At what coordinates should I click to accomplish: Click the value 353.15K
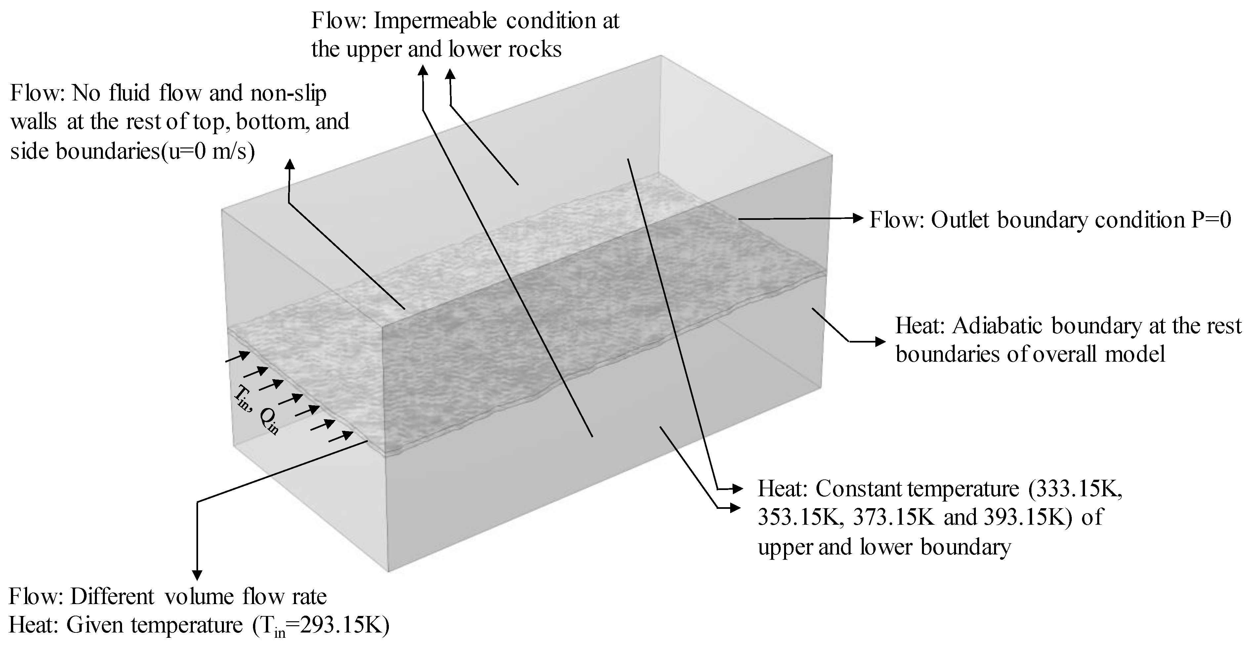tap(799, 517)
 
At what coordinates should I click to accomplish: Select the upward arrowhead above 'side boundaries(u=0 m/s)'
tap(290, 164)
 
